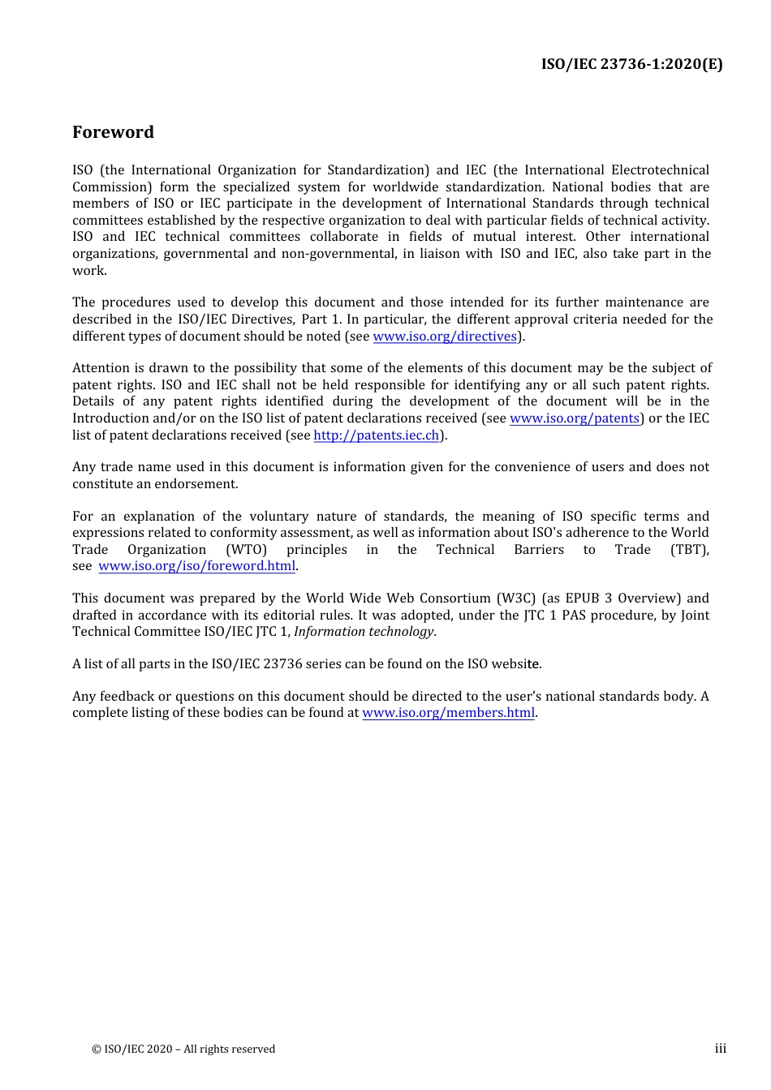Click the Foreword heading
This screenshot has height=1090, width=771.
click(x=113, y=132)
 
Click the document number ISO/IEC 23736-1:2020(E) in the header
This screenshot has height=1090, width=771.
click(x=631, y=64)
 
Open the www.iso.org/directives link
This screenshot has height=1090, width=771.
click(x=445, y=337)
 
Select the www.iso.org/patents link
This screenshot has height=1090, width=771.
click(x=575, y=418)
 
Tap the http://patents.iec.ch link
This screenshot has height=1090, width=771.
click(x=377, y=436)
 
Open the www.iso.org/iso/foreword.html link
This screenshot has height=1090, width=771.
click(x=196, y=566)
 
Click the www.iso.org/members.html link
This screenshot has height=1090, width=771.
click(x=448, y=713)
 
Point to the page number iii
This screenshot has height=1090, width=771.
click(x=720, y=1049)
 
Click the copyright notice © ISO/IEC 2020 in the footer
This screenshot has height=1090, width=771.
click(x=183, y=1049)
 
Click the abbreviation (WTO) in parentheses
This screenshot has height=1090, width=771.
click(x=246, y=550)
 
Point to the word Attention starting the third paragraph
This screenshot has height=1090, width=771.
click(x=101, y=368)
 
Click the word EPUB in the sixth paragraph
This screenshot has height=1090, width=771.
click(x=582, y=599)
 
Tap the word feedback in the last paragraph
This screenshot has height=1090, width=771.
click(x=127, y=697)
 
